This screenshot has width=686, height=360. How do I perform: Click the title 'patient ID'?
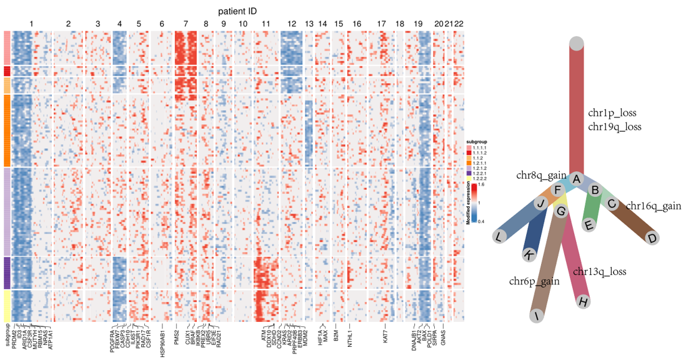(x=237, y=11)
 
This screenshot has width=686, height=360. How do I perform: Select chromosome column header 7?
(x=186, y=24)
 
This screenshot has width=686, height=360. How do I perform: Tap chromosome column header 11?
(x=266, y=24)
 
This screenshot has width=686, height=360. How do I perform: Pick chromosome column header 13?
(x=309, y=24)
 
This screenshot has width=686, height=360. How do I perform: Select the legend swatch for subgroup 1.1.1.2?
(x=470, y=153)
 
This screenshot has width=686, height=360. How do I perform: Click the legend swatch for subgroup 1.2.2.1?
(x=470, y=173)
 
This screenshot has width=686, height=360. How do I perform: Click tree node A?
(x=577, y=179)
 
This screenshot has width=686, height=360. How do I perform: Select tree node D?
(x=652, y=238)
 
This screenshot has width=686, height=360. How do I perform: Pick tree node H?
(x=584, y=302)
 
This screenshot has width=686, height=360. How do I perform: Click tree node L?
(x=498, y=237)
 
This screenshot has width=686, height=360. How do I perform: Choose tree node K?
(x=529, y=256)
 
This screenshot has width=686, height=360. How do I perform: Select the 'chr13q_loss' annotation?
(x=599, y=272)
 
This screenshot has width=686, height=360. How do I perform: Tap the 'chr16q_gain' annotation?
(x=653, y=206)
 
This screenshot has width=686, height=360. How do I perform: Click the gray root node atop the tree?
(x=577, y=43)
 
